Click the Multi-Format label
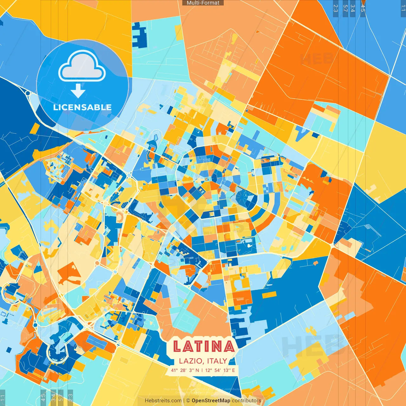[x=203, y=3]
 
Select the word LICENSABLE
[x=82, y=107]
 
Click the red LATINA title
[x=203, y=346]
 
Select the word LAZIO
[x=191, y=361]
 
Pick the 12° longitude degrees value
[x=208, y=370]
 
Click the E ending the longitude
[x=233, y=370]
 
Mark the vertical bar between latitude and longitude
[x=202, y=370]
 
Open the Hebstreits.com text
[x=163, y=401]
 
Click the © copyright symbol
[x=188, y=401]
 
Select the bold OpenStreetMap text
[x=211, y=401]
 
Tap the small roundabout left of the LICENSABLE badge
[x=28, y=94]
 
